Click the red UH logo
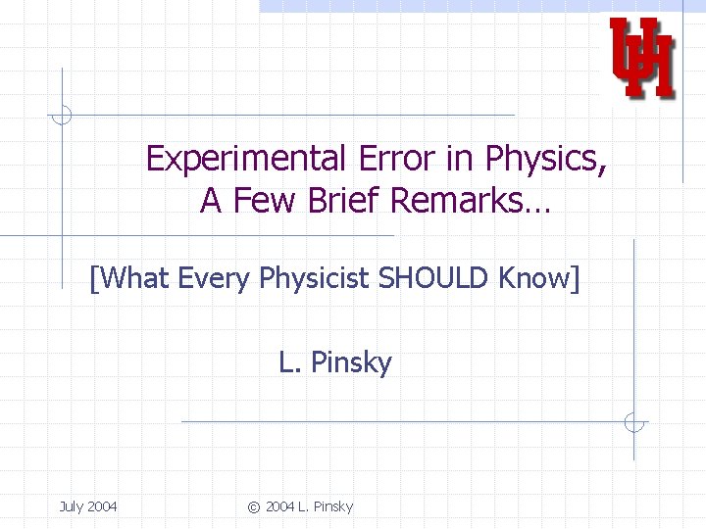[x=642, y=58]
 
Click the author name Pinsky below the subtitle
[x=351, y=363]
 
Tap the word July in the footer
[x=72, y=506]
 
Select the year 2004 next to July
[x=102, y=506]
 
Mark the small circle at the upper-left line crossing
[x=62, y=116]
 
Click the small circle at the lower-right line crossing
[x=634, y=422]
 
